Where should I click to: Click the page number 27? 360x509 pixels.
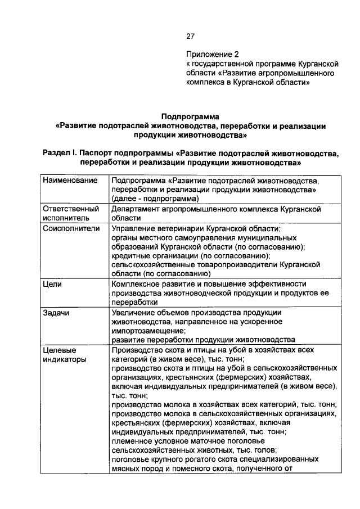point(190,37)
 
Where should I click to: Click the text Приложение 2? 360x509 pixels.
point(213,55)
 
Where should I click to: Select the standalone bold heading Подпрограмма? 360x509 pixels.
point(191,116)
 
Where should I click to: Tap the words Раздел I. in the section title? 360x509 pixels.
point(60,154)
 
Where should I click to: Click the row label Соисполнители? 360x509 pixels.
point(71,228)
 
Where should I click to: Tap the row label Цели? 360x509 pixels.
point(52,285)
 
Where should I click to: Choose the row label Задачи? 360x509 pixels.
point(56,312)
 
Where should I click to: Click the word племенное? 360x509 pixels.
point(133,441)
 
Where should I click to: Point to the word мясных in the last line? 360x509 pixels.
point(125,468)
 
